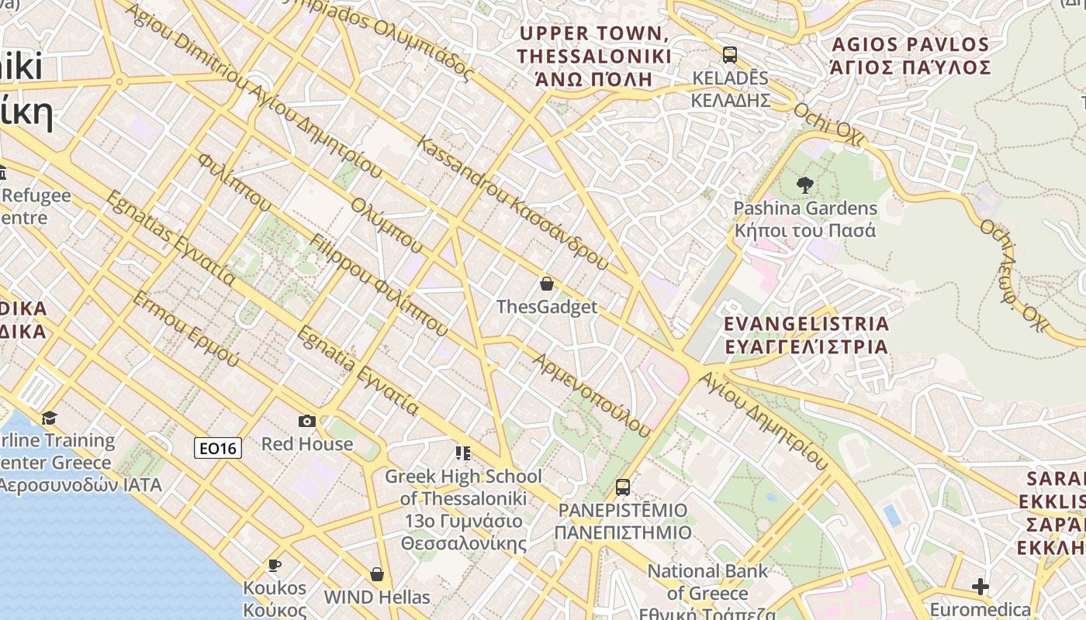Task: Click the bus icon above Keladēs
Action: coord(729,55)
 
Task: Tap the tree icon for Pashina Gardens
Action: coord(805,185)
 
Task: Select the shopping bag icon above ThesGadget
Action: coord(547,284)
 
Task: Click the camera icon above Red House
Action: coord(307,421)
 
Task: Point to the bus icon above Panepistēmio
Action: coord(622,487)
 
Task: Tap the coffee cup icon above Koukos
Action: coord(274,565)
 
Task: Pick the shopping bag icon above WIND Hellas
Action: coord(377,574)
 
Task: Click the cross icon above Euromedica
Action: coord(981,587)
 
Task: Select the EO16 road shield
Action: coord(218,447)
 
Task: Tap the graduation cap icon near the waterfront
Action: coord(50,418)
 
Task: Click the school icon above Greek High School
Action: coord(463,453)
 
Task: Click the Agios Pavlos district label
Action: coord(911,56)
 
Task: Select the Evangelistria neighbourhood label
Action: coord(806,335)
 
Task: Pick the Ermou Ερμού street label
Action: coord(186,329)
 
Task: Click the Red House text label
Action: coord(307,444)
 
